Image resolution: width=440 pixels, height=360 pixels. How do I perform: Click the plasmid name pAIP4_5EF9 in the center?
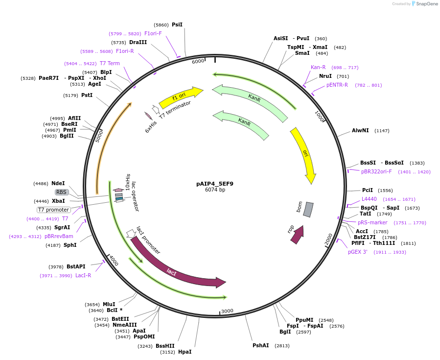[215, 184]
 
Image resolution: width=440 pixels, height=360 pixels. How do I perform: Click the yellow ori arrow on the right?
[303, 155]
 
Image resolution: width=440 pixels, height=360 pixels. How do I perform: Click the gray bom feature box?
[308, 209]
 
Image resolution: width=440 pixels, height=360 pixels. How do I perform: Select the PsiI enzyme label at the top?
[177, 24]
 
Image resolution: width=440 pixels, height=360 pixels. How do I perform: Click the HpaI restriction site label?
[185, 352]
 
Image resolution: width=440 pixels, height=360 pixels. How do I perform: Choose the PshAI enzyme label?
[260, 345]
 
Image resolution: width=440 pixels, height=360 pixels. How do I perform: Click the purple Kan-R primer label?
[318, 67]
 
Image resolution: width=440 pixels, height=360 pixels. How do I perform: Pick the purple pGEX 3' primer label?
[358, 252]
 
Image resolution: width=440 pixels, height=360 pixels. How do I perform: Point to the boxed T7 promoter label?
[54, 210]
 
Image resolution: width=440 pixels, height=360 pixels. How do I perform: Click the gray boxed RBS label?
[61, 192]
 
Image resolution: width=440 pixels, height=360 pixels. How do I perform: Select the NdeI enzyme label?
[58, 183]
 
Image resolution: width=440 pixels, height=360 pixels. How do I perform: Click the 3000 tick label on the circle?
[227, 311]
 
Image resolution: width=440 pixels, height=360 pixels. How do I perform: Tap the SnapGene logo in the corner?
[425, 4]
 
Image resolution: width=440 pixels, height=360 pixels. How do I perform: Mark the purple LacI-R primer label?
[83, 275]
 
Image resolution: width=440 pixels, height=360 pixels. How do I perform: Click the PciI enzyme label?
[367, 190]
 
